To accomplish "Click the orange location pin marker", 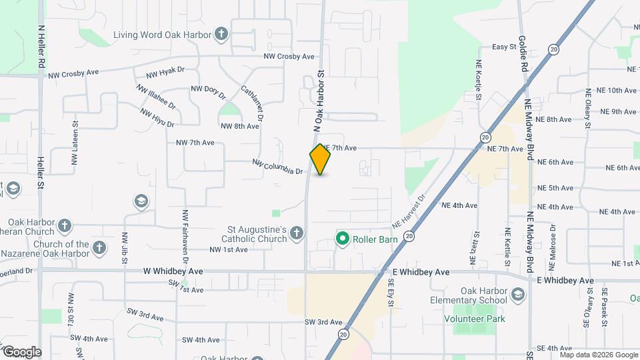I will [321, 159].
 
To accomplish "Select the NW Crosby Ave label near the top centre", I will [289, 57].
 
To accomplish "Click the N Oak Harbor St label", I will [319, 100].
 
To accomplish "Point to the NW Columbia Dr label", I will [278, 167].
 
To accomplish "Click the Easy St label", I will [504, 47].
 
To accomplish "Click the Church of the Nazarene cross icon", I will [99, 249].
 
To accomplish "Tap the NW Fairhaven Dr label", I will [185, 237].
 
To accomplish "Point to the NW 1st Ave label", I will [229, 249].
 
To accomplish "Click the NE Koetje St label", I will [479, 81].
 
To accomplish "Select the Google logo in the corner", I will [21, 352].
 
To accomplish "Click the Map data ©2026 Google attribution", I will [599, 354].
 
